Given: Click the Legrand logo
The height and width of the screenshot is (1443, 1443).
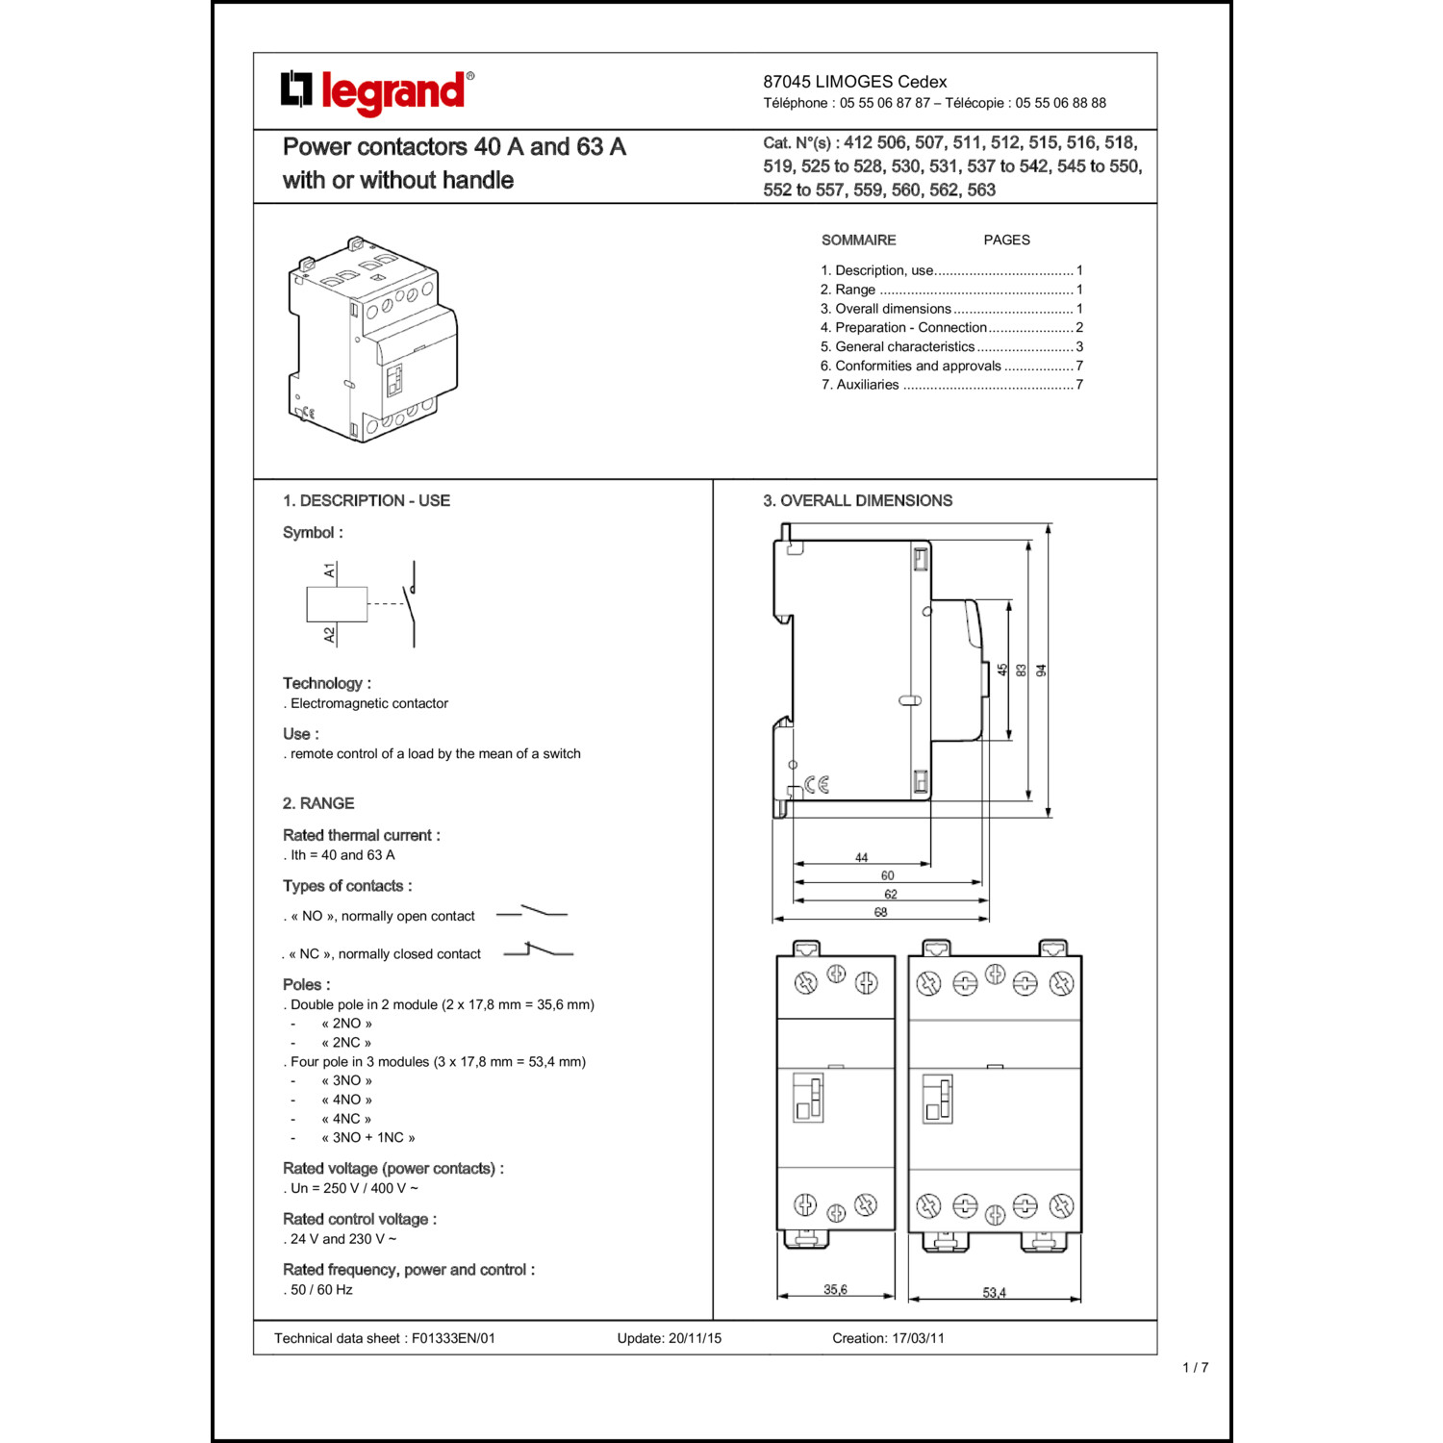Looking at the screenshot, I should pyautogui.click(x=377, y=92).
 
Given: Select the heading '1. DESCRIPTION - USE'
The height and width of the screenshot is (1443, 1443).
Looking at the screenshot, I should pyautogui.click(x=366, y=500).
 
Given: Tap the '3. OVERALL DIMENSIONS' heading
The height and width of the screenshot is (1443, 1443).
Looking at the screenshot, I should pyautogui.click(x=857, y=500).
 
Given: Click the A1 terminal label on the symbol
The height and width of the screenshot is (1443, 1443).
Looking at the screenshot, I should pyautogui.click(x=330, y=571).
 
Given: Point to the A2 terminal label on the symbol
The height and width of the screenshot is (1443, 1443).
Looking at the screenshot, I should pyautogui.click(x=330, y=635).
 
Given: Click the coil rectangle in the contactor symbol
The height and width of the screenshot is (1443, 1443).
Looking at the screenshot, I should pyautogui.click(x=337, y=604).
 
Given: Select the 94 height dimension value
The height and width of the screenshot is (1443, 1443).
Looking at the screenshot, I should pyautogui.click(x=1041, y=671).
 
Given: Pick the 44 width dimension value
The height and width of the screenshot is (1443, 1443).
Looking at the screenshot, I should pyautogui.click(x=861, y=857).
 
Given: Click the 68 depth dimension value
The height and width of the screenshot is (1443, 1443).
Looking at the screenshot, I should pyautogui.click(x=880, y=912).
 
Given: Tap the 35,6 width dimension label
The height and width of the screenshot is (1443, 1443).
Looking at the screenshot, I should pyautogui.click(x=835, y=1289).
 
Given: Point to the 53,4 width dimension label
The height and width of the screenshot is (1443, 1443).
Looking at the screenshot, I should pyautogui.click(x=994, y=1292).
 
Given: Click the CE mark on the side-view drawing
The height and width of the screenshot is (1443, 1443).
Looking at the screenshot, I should pyautogui.click(x=817, y=785).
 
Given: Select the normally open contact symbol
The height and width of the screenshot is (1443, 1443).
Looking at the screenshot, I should pyautogui.click(x=532, y=911).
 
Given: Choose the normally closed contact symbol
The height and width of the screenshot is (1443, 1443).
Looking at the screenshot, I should pyautogui.click(x=538, y=950).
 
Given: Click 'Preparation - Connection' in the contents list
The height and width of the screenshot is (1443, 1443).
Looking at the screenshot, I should pyautogui.click(x=910, y=327).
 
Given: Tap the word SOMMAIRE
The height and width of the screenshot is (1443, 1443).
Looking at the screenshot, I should pyautogui.click(x=858, y=240).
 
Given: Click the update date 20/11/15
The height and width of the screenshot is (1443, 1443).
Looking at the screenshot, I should pyautogui.click(x=695, y=1338).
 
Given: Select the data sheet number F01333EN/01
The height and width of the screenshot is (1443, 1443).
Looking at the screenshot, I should pyautogui.click(x=453, y=1338).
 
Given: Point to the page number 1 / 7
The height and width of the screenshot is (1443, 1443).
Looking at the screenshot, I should pyautogui.click(x=1195, y=1367).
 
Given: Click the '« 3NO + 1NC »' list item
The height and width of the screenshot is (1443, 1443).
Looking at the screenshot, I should pyautogui.click(x=368, y=1137).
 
